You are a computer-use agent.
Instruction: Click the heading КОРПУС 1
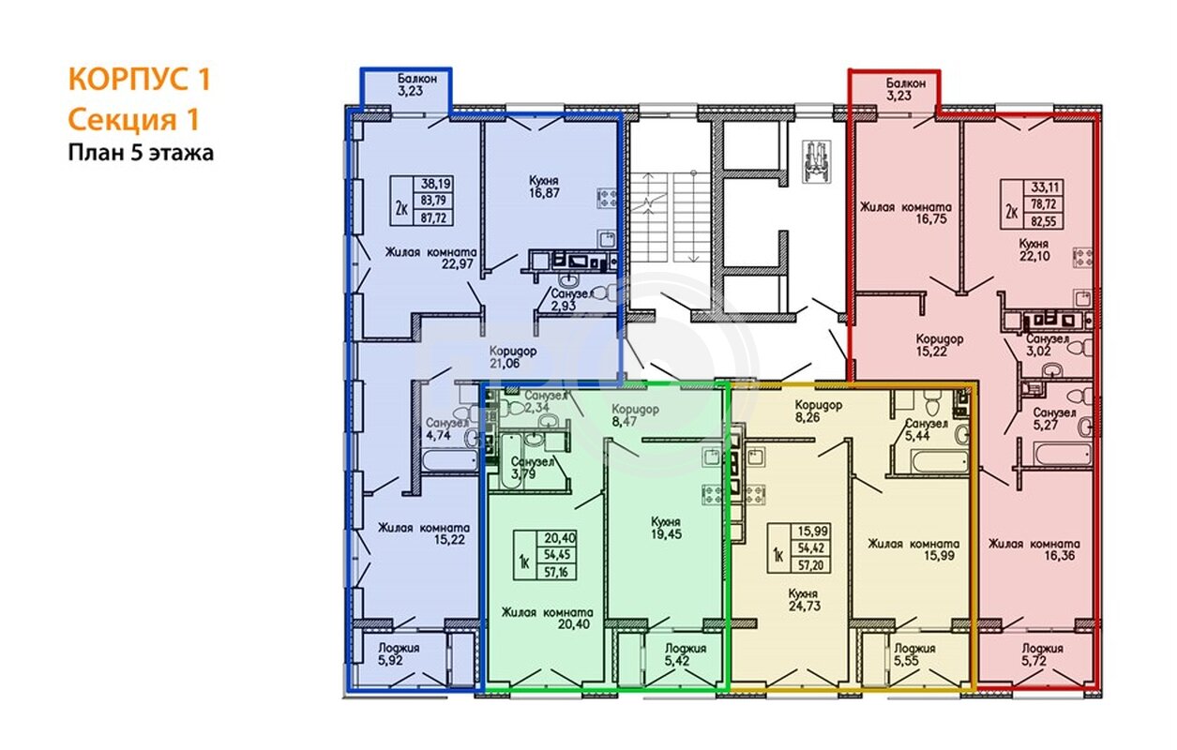139,80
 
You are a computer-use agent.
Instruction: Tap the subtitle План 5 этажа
141,153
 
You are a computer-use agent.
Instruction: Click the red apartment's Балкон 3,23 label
906,89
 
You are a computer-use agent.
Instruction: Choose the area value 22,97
457,264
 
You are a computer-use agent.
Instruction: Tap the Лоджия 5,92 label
399,653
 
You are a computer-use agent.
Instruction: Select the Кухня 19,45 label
666,528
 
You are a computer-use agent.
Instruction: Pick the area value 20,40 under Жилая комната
574,624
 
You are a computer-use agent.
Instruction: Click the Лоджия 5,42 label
686,654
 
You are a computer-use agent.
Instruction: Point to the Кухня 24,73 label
804,600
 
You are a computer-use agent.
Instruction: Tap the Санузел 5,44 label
926,429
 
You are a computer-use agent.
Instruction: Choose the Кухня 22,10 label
1034,250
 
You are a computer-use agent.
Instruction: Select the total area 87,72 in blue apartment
434,217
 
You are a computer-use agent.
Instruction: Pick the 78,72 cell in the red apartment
1044,203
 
